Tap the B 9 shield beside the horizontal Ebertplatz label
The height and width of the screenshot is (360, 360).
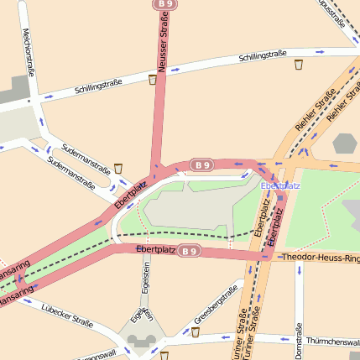coord(190,251)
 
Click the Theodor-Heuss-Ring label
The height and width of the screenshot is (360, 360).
coord(321,257)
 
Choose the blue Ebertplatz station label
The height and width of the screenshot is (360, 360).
coord(280,185)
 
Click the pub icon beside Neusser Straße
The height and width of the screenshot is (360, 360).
coord(152,80)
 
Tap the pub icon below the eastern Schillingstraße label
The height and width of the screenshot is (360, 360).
coord(298,64)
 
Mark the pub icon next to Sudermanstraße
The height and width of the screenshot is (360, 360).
coord(119,168)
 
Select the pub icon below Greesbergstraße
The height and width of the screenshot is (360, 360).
coord(196,332)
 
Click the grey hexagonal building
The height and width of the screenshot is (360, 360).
coord(345,143)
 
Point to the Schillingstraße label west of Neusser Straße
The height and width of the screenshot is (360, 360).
coord(98,86)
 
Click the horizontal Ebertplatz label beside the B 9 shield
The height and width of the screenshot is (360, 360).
coord(155,250)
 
